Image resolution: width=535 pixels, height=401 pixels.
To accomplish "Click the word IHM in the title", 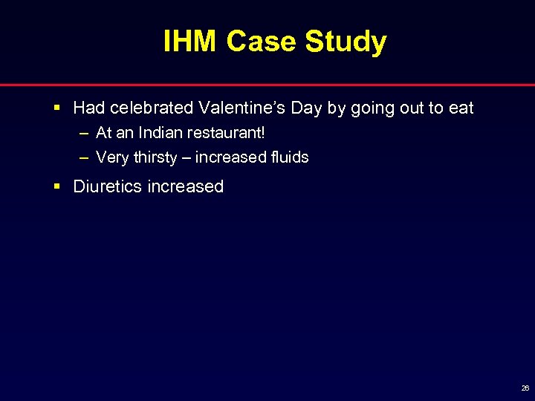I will [x=191, y=42].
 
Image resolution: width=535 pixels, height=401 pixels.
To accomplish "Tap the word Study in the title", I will [x=346, y=42].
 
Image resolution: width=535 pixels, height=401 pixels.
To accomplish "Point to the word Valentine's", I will [x=241, y=108].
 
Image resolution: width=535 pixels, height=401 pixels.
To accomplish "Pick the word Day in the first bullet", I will [x=307, y=108].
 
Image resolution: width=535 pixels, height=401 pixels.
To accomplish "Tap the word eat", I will [x=461, y=108].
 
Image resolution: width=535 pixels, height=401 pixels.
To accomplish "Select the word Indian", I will [x=153, y=134].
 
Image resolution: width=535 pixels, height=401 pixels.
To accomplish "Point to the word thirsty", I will [x=155, y=157].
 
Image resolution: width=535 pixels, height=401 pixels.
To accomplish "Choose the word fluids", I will [x=289, y=157].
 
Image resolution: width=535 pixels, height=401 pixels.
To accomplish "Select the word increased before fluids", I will [x=230, y=157].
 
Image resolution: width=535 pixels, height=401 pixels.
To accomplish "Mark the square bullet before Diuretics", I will [x=57, y=187].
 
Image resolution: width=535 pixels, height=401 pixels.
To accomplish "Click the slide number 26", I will [x=525, y=388].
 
